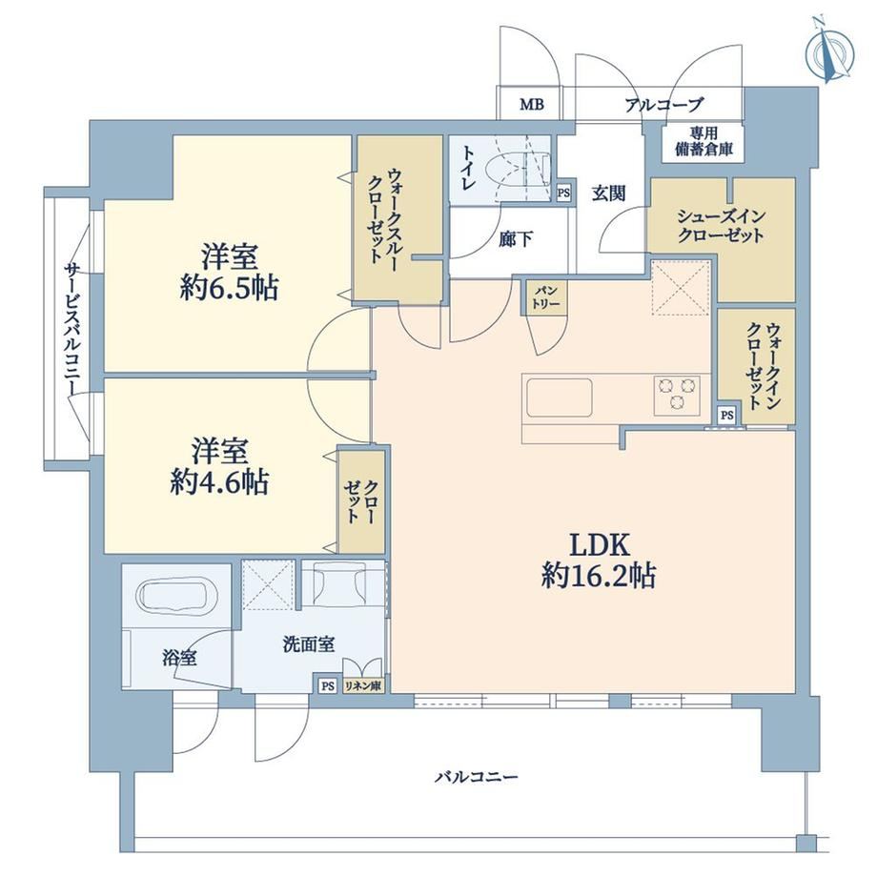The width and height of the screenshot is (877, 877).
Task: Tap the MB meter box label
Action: coord(531,104)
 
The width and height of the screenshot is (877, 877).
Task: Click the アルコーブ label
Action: coord(663,105)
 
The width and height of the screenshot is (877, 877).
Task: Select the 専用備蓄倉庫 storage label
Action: coord(704,142)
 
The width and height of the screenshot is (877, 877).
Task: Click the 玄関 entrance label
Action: coord(608,194)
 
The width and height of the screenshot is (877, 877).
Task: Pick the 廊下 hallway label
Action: coord(516,239)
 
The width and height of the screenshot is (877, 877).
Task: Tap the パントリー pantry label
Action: coord(546,297)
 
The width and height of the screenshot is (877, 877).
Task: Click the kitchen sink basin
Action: coord(559,398)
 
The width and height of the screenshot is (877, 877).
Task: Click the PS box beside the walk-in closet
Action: coord(726,416)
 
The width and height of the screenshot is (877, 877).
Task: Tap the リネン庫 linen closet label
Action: coord(363,685)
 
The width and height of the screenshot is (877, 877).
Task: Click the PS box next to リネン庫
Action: coord(328,685)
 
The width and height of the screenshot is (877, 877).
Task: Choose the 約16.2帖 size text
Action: coord(599,576)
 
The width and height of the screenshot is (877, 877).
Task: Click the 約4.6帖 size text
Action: coord(219,481)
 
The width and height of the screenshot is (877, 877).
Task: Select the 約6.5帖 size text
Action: coord(230,288)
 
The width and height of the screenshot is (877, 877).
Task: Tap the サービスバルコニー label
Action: coord(72,330)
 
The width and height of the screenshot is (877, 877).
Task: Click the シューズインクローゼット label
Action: coord(721,225)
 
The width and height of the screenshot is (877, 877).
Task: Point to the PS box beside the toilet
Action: coord(563,194)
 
